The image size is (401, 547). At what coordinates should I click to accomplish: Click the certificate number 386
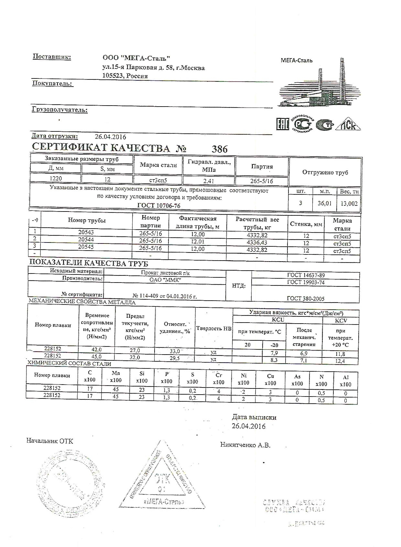[219, 149]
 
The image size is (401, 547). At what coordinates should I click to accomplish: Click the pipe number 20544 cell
[86, 240]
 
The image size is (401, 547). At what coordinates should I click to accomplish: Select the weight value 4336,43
[256, 242]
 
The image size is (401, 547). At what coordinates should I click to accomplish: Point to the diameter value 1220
[55, 179]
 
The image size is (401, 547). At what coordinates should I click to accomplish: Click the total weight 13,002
[349, 203]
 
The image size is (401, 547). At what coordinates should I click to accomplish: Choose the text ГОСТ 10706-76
[159, 206]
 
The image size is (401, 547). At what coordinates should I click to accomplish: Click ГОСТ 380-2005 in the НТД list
[305, 299]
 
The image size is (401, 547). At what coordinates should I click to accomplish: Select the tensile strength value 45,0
[97, 356]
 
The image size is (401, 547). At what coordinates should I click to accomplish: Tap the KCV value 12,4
[340, 361]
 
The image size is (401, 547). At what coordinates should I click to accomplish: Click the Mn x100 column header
[115, 377]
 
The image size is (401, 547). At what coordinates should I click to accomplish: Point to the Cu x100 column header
[270, 379]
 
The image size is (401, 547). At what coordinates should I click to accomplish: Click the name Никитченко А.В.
[245, 445]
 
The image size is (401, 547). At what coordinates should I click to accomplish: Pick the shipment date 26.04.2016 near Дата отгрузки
[110, 137]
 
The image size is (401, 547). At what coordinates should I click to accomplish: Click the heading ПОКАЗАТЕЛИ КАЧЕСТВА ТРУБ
[89, 263]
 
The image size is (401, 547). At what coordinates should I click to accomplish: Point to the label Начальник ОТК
[50, 441]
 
